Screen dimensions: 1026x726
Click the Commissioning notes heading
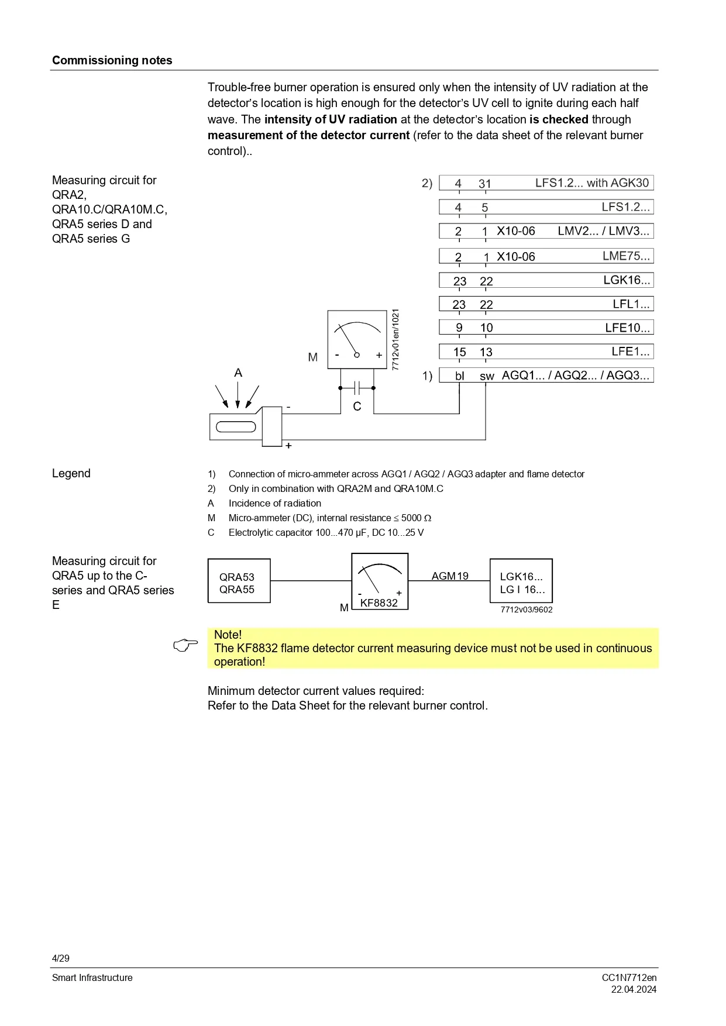pos(112,60)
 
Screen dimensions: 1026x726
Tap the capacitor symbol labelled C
pos(357,388)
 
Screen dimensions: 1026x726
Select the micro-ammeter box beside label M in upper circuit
pos(357,339)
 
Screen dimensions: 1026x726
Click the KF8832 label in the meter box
pos(379,603)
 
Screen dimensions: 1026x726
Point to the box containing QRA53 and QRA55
pos(239,581)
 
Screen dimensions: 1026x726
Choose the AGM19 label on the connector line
pos(450,576)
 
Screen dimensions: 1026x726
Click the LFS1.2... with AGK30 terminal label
pos(591,183)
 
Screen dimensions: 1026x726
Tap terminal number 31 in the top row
pos(485,184)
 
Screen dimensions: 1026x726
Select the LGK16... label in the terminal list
pos(627,280)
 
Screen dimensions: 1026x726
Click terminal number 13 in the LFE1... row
pos(486,352)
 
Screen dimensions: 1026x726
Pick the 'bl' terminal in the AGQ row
pos(460,376)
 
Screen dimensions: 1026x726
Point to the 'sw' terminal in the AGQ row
pos(487,376)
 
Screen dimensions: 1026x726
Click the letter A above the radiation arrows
pos(238,373)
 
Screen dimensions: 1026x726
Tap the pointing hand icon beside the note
pos(186,646)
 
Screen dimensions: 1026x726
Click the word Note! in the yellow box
pos(228,635)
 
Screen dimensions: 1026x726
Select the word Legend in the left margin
pos(71,473)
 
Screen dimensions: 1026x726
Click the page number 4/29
pos(61,958)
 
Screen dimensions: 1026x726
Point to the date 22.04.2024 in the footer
pos(634,990)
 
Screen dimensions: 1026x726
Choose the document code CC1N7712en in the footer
pos(629,978)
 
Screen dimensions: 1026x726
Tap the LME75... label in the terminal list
pos(626,256)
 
